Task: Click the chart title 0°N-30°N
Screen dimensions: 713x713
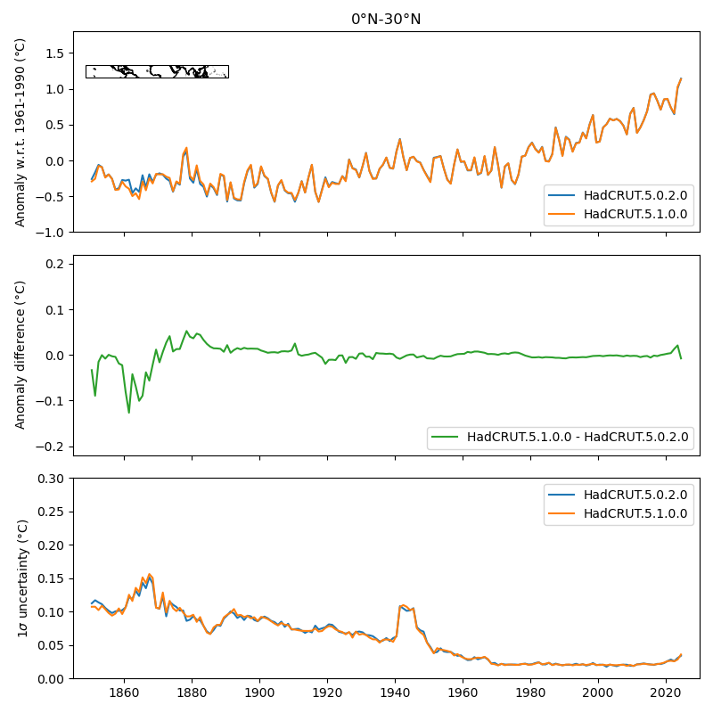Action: tap(386, 19)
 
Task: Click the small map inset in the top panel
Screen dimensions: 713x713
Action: tap(157, 71)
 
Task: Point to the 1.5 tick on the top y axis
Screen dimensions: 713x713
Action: tap(55, 53)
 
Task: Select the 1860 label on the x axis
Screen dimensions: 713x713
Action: tap(124, 693)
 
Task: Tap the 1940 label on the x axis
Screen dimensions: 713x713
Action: tap(395, 693)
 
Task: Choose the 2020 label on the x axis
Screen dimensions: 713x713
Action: tap(666, 693)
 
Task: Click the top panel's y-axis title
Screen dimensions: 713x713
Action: tap(20, 132)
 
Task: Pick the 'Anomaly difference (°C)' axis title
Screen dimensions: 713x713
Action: tap(20, 355)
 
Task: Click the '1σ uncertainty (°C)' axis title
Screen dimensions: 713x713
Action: tap(20, 578)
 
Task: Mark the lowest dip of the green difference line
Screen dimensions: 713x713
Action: tap(129, 412)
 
